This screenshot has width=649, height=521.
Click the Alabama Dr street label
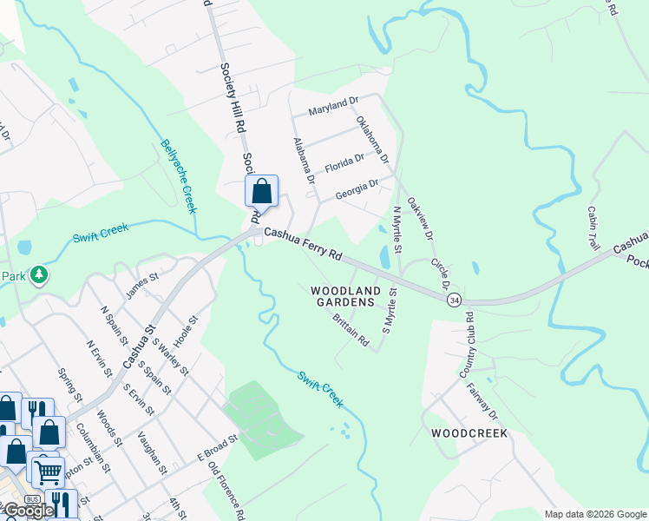pos(303,161)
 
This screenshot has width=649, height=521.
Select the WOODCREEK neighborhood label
pos(469,432)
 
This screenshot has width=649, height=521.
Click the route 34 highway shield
pos(454,300)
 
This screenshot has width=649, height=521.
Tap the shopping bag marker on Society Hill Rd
pos(261,192)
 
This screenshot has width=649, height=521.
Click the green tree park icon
pos(38,275)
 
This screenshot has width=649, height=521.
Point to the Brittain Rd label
pos(351,331)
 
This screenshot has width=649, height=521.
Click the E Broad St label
pos(216,449)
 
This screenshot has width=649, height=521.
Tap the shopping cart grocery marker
pos(47,470)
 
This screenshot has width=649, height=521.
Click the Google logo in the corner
pos(28,511)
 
